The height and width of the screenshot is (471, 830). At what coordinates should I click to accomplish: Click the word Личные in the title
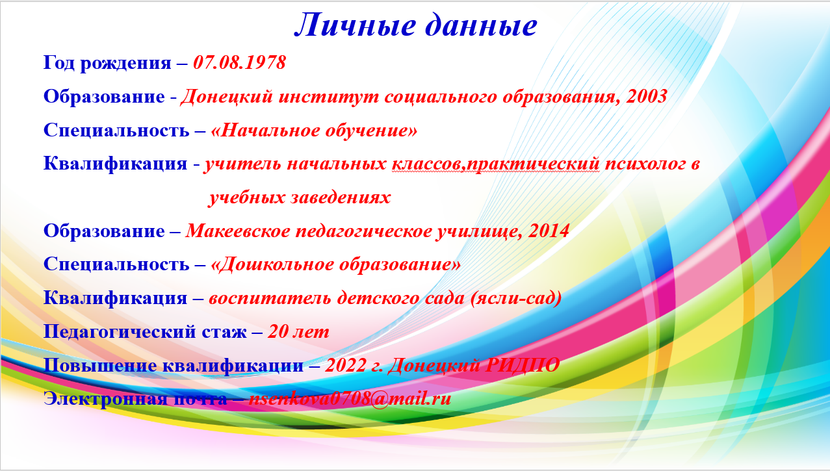[x=355, y=25]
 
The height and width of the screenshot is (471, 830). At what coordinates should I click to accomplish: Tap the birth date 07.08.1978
[x=239, y=62]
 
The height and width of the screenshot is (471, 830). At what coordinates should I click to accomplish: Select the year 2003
[x=647, y=96]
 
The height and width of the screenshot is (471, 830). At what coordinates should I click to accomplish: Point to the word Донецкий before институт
[x=227, y=97]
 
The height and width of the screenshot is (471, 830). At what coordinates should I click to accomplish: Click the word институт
[x=329, y=97]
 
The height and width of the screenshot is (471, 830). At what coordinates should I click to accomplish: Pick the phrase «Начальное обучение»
[x=314, y=131]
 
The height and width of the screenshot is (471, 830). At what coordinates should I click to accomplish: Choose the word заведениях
[x=341, y=197]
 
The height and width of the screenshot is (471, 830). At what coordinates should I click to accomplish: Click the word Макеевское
[x=238, y=231]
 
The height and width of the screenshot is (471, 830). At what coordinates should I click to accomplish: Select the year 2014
[x=549, y=231]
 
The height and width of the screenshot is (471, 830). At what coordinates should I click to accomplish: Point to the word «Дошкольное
[x=272, y=265]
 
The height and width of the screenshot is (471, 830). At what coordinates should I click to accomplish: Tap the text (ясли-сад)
[x=516, y=298]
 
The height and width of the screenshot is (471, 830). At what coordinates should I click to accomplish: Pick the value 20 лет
[x=298, y=331]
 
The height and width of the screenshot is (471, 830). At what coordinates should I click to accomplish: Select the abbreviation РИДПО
[x=522, y=366]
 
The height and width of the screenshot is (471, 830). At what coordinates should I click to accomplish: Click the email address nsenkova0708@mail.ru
[x=350, y=399]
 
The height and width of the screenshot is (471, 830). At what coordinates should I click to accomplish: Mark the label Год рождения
[x=107, y=63]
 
